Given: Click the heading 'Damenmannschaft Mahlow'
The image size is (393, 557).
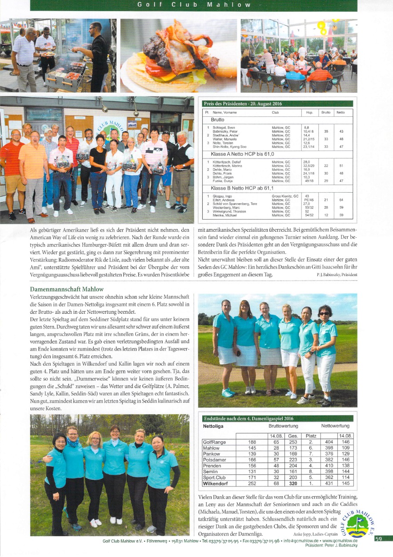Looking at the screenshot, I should coord(66,289).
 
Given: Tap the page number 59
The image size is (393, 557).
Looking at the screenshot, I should coord(379,539).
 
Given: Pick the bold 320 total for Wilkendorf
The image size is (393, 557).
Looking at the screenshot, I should coord(293,483).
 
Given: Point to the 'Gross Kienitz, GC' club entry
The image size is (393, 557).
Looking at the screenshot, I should coord(285,196).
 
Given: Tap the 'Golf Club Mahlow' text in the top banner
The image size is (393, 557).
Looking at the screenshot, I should coord(194,5).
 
